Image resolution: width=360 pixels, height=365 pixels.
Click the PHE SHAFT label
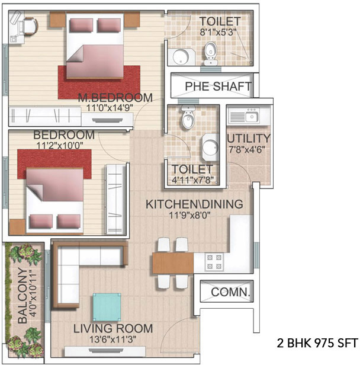[218, 87]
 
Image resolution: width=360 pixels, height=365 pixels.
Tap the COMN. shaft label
[230, 292]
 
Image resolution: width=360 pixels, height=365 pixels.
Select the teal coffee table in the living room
[107, 308]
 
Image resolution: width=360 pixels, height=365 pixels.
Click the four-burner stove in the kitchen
[214, 262]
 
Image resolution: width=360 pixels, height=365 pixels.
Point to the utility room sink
[251, 116]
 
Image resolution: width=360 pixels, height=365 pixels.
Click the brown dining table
[173, 263]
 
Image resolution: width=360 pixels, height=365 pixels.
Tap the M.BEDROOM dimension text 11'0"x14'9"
[110, 108]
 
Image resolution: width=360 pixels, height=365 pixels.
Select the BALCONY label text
[22, 296]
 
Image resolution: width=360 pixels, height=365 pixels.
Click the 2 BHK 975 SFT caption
[317, 343]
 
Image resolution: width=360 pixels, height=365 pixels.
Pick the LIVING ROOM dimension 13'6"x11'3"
[112, 340]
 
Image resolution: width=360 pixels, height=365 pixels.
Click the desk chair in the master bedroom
[30, 27]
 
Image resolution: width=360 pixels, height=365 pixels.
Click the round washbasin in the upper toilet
[181, 57]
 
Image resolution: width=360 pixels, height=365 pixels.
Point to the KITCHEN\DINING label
[194, 204]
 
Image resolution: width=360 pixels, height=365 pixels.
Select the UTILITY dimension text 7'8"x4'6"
[247, 149]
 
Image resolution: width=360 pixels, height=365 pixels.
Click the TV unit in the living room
[105, 351]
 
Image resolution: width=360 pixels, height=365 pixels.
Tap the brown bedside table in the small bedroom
[17, 227]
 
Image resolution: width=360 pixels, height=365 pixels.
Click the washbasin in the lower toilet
[210, 148]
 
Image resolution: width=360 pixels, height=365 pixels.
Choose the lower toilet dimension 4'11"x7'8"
[192, 180]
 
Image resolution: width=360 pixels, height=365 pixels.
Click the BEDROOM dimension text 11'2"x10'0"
[60, 146]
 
